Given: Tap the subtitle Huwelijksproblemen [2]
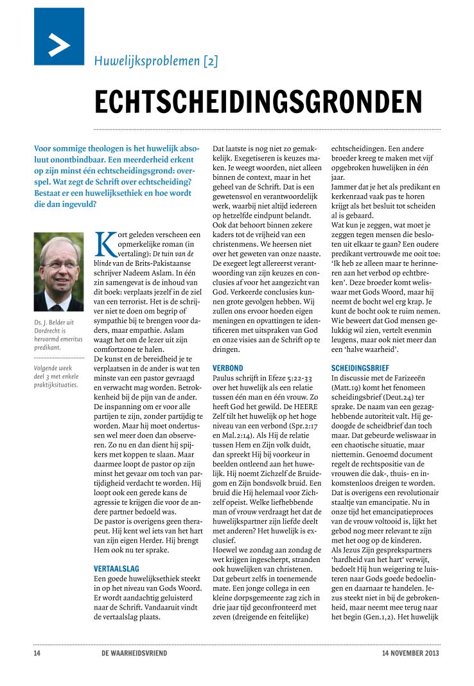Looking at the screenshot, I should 156,62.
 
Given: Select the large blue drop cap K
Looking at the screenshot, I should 104,244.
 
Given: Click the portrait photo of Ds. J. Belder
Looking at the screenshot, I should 58,272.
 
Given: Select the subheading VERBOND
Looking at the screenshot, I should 227,368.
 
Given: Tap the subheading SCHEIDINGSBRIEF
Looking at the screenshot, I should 362,368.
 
